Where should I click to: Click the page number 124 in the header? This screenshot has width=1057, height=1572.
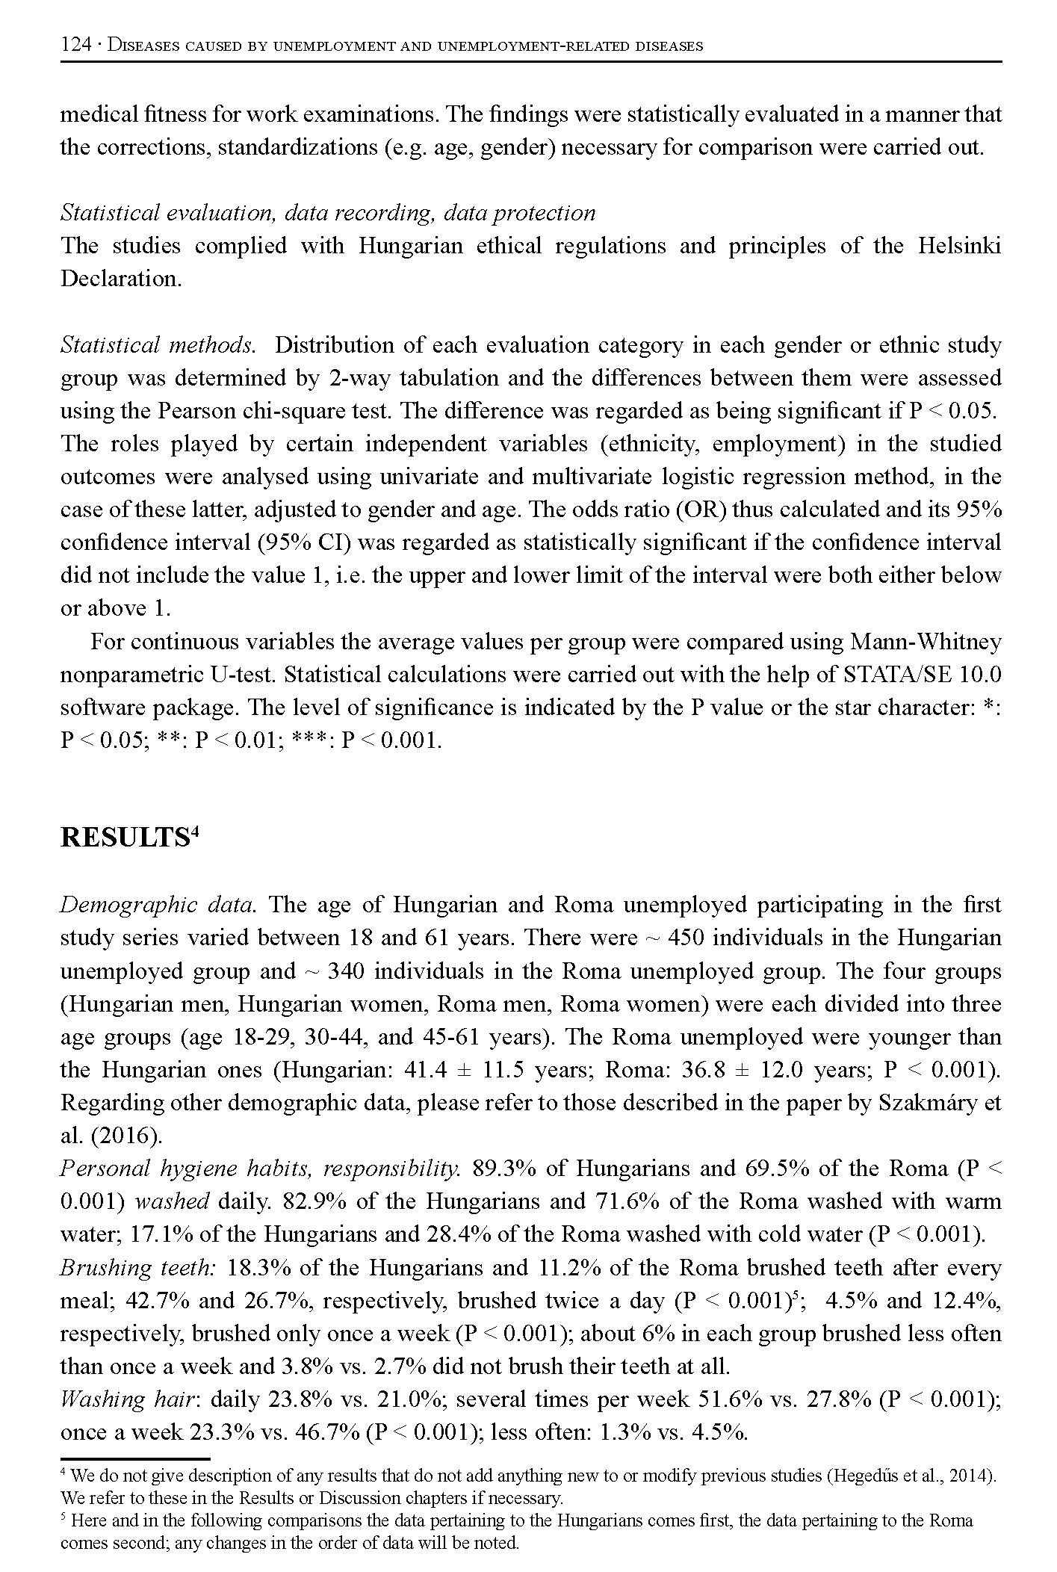pos(75,46)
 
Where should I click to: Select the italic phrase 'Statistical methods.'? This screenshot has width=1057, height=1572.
pos(158,345)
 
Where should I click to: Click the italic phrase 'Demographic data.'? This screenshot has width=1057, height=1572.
pos(158,905)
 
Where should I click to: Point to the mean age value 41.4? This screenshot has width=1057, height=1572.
pos(424,1070)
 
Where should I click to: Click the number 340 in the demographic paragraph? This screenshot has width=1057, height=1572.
pos(346,971)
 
